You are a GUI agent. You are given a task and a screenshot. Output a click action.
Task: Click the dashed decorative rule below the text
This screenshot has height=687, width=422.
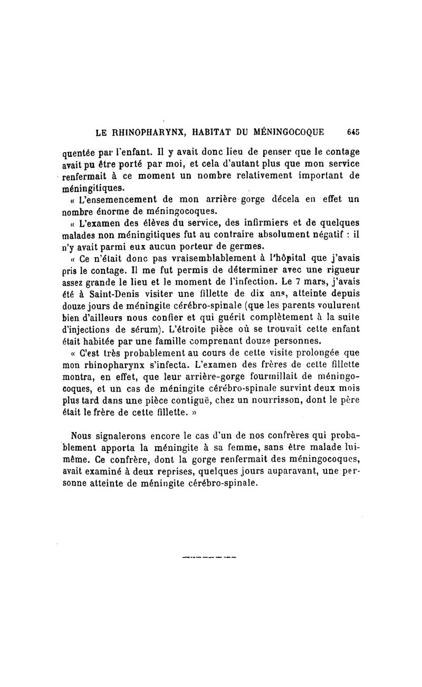[x=209, y=556]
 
